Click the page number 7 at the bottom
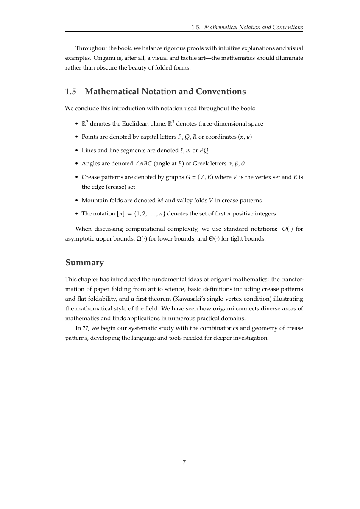click(x=184, y=462)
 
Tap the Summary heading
click(x=84, y=263)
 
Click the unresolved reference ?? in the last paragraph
click(x=85, y=328)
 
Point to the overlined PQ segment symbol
click(x=204, y=150)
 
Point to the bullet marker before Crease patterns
click(x=76, y=177)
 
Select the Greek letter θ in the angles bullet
click(x=243, y=163)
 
